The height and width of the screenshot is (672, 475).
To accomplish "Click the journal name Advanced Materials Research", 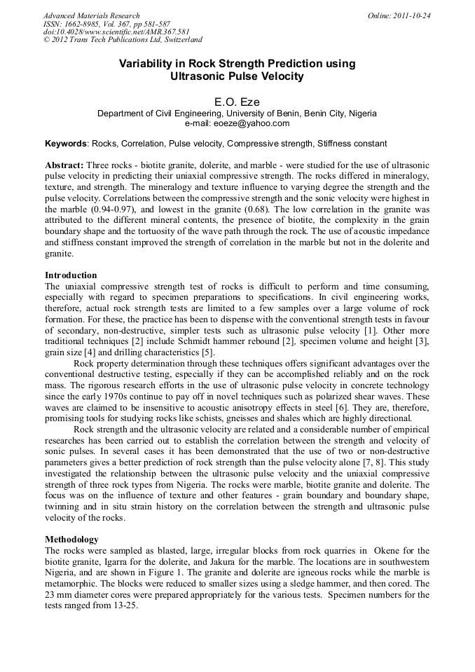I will click(x=92, y=15).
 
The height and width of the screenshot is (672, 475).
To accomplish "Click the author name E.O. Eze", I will click(x=237, y=102).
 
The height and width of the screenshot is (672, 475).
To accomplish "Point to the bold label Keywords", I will click(x=66, y=144).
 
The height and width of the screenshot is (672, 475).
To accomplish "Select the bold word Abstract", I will click(x=64, y=163).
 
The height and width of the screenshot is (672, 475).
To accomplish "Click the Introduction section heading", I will click(x=71, y=275).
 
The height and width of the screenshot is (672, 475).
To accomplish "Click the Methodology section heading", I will click(x=71, y=540).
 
